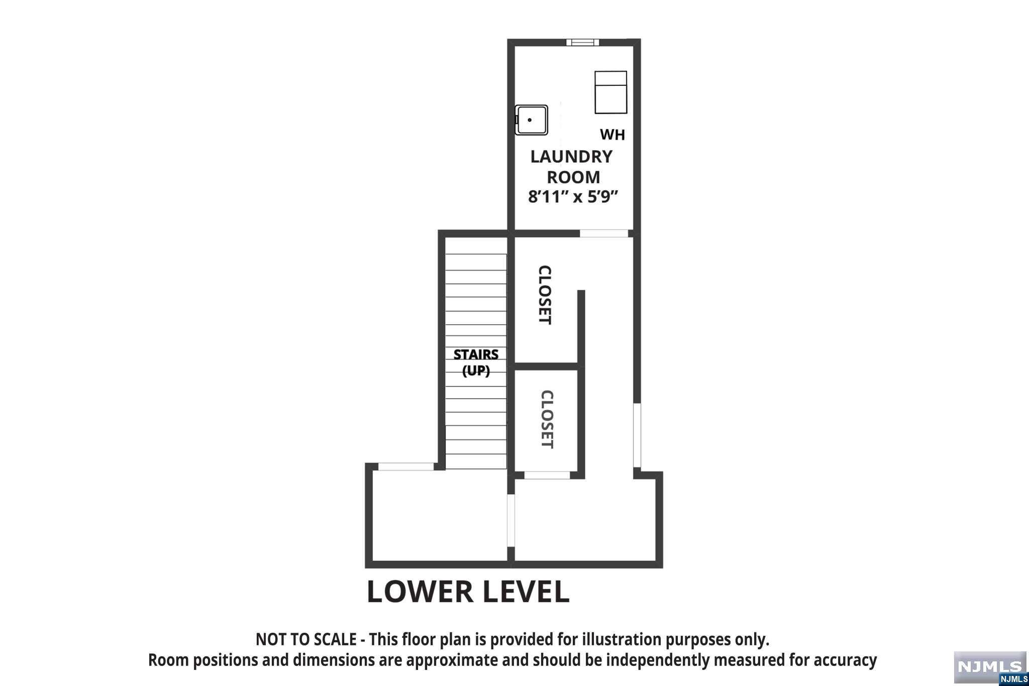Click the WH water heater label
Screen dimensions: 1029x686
pos(612,135)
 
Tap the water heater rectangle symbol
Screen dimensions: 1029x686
pos(611,92)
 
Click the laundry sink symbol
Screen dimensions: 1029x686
pos(531,120)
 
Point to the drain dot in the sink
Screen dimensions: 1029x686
pos(530,120)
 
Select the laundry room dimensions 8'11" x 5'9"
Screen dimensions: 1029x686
pos(573,196)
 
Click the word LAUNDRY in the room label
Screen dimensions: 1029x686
pos(572,157)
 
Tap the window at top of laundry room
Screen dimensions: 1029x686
pos(583,42)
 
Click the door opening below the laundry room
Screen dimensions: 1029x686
pos(604,234)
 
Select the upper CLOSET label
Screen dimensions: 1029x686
pos(545,295)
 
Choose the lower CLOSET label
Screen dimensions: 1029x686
pos(547,419)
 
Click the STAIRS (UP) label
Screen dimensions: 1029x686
pos(476,362)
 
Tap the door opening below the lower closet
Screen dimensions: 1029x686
pos(547,475)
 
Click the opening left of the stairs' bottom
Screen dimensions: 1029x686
pos(406,467)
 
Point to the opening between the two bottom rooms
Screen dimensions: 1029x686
pos(511,520)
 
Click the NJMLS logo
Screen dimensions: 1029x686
pos(990,668)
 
